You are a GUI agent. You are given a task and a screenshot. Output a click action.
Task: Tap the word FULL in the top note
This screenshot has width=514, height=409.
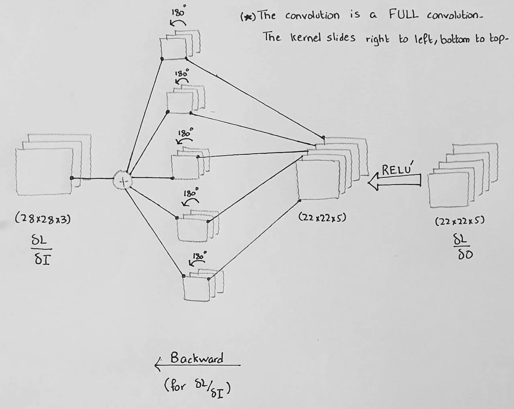click(403, 15)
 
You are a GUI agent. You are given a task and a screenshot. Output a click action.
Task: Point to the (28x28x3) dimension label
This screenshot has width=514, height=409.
click(43, 219)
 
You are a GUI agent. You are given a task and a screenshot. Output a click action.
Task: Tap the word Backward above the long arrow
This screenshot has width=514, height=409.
click(197, 358)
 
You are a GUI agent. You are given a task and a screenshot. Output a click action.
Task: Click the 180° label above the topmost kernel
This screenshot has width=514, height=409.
click(178, 12)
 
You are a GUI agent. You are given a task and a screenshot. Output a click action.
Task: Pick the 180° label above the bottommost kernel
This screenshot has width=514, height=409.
click(199, 256)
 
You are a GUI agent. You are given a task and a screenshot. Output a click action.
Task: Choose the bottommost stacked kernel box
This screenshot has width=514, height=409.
click(199, 286)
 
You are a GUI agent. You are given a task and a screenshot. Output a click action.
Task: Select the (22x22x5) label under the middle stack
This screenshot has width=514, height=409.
click(322, 218)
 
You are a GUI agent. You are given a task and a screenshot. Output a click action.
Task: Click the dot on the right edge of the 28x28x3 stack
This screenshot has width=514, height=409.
click(71, 178)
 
